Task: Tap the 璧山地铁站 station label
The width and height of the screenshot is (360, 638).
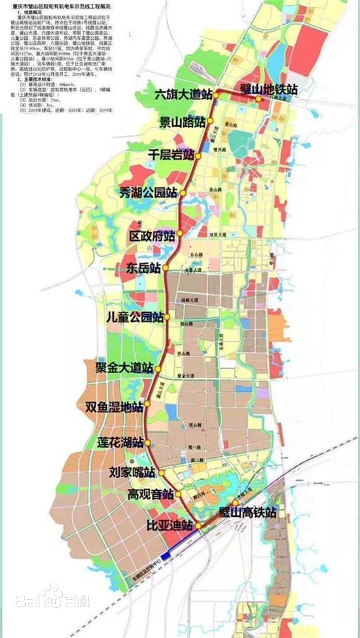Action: click(x=260, y=87)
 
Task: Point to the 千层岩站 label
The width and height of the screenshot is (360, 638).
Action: click(x=171, y=156)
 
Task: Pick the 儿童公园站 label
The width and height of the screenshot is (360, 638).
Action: click(x=135, y=317)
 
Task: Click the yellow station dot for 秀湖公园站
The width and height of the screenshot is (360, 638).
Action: click(x=184, y=193)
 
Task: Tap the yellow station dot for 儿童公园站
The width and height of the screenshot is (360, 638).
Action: click(x=168, y=317)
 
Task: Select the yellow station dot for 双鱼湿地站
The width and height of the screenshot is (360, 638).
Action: click(x=147, y=404)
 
